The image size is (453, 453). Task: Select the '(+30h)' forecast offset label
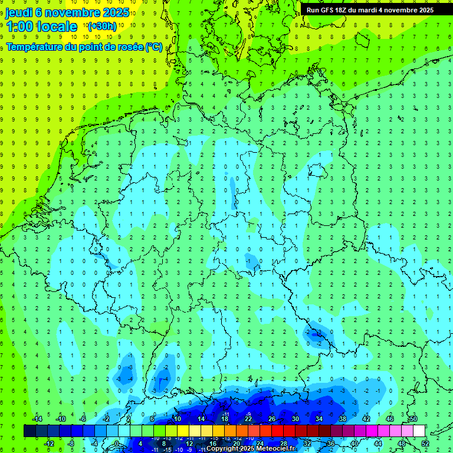point(101,26)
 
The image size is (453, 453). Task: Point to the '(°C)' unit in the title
point(154,47)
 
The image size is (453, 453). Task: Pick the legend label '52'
point(425,444)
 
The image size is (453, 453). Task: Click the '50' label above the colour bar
point(413,419)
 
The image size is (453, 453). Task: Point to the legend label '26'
point(272,419)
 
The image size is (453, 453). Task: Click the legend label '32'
point(307,444)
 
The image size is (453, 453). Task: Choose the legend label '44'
point(378,444)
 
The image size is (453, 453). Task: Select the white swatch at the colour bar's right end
point(419,431)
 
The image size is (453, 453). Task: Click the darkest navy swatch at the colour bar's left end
point(29,431)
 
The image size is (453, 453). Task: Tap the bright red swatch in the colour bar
point(277,431)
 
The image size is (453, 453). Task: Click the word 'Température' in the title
point(35,47)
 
